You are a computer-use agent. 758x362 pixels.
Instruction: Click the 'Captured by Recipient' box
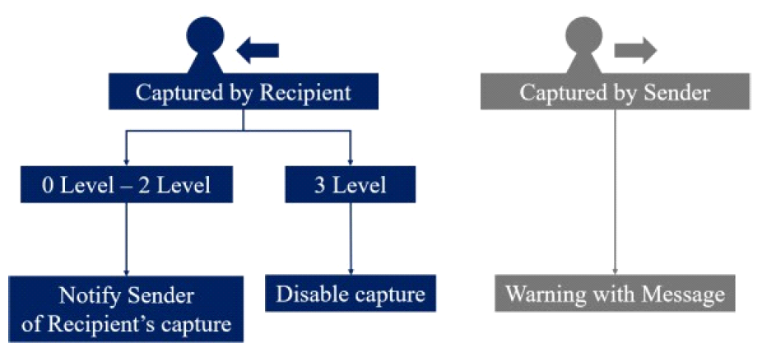[244, 92]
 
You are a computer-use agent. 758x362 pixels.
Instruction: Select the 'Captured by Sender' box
[616, 92]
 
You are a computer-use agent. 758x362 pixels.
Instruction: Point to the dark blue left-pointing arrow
[257, 50]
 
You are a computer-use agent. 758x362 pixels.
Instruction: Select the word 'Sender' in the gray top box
[678, 92]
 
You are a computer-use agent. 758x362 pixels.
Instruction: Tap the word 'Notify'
[88, 295]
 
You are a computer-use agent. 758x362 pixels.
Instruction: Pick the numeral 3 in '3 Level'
[319, 185]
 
